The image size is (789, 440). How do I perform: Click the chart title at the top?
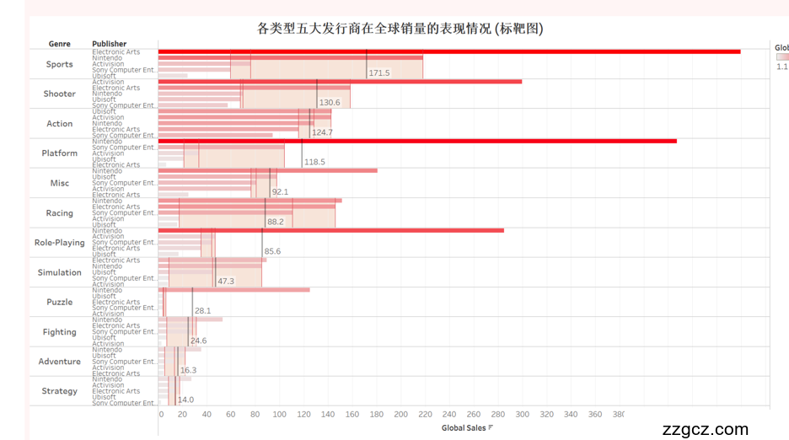pyautogui.click(x=400, y=29)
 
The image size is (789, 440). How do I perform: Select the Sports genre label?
pyautogui.click(x=59, y=64)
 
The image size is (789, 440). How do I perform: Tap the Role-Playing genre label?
pyautogui.click(x=59, y=243)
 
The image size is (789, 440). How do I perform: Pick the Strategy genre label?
pyautogui.click(x=59, y=391)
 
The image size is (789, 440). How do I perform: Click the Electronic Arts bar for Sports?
pyautogui.click(x=448, y=51)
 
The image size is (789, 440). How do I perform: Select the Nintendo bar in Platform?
pyautogui.click(x=417, y=141)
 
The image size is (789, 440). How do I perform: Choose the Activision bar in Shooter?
pyautogui.click(x=340, y=82)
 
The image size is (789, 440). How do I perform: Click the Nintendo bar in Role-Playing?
pyautogui.click(x=330, y=230)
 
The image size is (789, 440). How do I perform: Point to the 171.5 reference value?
pyautogui.click(x=378, y=73)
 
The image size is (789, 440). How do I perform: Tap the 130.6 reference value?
pyautogui.click(x=330, y=103)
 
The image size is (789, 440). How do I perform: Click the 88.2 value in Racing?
pyautogui.click(x=276, y=222)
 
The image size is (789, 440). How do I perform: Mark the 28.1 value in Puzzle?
pyautogui.click(x=202, y=311)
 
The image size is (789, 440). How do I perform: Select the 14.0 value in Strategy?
pyautogui.click(x=185, y=400)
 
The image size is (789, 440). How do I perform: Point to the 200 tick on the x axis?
pyautogui.click(x=400, y=414)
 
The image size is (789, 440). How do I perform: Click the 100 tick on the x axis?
pyautogui.click(x=280, y=414)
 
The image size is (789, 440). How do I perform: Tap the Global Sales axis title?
pyautogui.click(x=464, y=428)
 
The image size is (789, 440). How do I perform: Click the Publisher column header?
pyautogui.click(x=110, y=44)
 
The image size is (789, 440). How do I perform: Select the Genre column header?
pyautogui.click(x=59, y=44)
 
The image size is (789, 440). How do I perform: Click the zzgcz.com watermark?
pyautogui.click(x=706, y=429)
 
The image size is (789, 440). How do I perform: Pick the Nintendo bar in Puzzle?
pyautogui.click(x=233, y=290)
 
